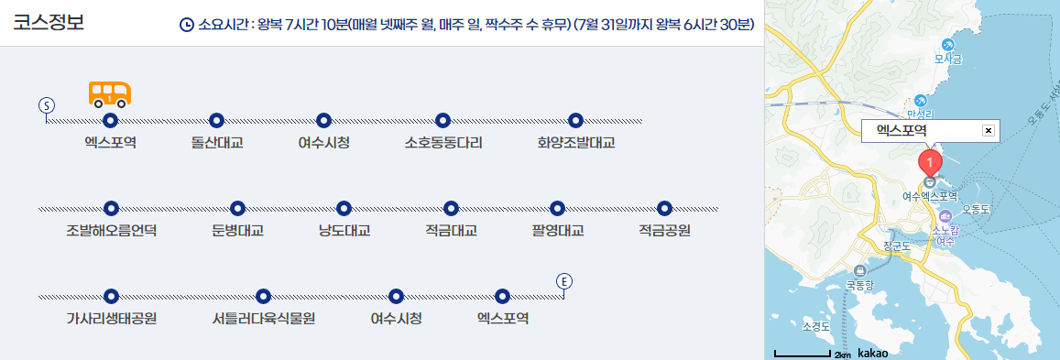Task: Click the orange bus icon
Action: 110,93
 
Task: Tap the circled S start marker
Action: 47,105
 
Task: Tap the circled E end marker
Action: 564,280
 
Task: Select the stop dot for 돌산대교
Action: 217,120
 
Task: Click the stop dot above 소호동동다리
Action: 443,120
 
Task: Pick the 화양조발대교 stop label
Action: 575,143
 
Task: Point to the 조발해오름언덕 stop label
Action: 112,231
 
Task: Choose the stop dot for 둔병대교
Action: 237,209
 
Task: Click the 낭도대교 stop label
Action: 344,231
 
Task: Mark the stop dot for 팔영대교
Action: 557,209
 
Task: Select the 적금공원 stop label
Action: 664,231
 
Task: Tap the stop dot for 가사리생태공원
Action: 112,296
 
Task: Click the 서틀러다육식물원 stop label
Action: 263,319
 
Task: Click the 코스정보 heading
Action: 49,22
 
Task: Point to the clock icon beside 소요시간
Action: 187,25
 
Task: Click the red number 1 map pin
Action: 929,164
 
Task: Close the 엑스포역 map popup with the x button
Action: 988,131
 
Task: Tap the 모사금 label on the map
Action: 948,60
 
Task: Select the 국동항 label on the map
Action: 860,284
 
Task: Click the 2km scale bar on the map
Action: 803,353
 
